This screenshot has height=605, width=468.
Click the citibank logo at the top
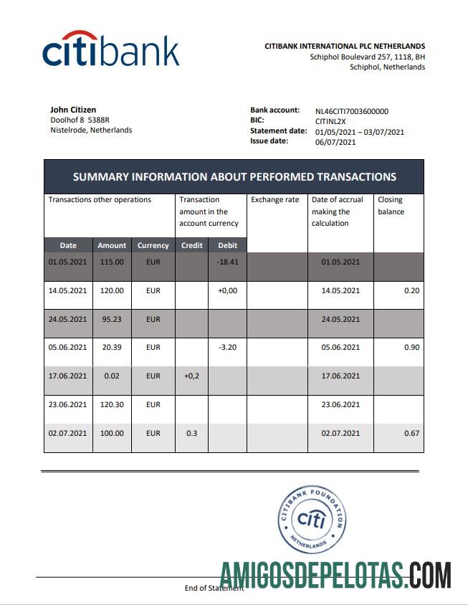tap(110, 50)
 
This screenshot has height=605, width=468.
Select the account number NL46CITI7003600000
tap(351, 111)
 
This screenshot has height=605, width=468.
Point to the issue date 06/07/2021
tap(335, 142)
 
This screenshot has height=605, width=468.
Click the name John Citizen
tap(73, 110)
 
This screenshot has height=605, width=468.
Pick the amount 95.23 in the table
tap(111, 319)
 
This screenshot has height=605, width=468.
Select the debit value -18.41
tap(227, 262)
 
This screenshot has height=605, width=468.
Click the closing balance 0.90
tap(411, 347)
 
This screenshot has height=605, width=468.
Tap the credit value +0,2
tap(191, 376)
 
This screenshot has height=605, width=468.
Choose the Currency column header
tap(153, 245)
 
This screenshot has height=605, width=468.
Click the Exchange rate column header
tap(275, 200)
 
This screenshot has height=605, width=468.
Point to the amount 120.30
tap(111, 404)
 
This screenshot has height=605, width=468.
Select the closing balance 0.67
tap(411, 433)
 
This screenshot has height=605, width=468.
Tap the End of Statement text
tap(213, 588)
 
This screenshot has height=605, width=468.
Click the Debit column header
tap(227, 245)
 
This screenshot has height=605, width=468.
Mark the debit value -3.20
tap(227, 347)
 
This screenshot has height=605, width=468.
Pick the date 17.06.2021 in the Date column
tap(67, 376)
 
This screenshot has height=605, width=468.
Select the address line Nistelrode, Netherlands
tap(91, 130)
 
